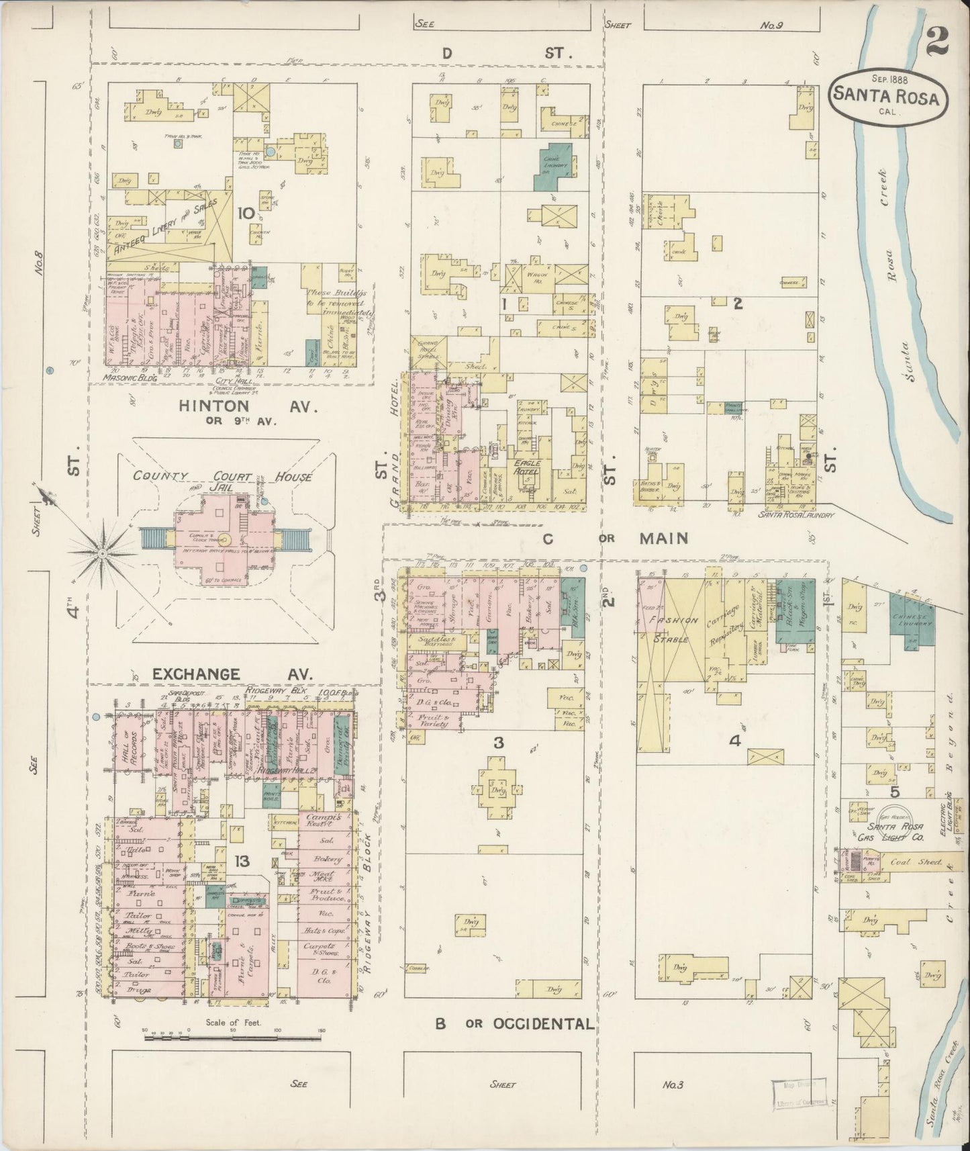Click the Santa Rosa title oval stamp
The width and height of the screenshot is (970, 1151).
(x=889, y=95)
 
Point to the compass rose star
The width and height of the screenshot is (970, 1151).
(x=102, y=553)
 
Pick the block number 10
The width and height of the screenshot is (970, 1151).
(x=246, y=214)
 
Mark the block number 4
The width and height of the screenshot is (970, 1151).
(x=735, y=743)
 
